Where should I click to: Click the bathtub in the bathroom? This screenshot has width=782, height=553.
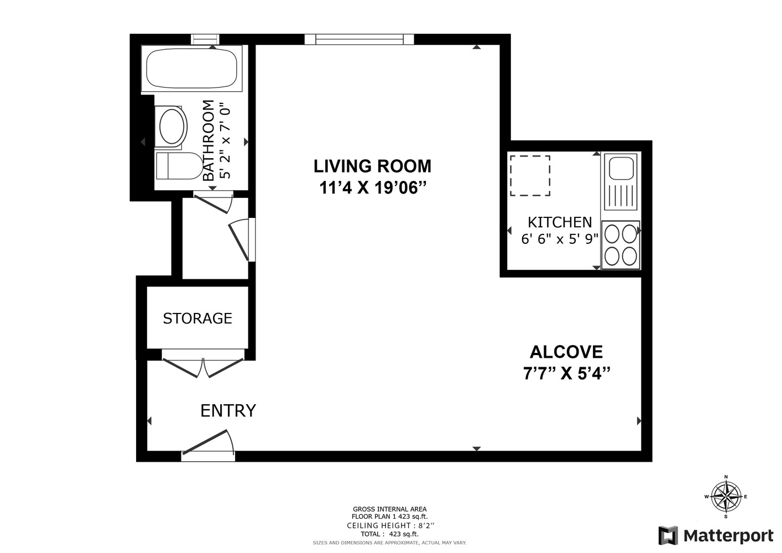(191, 69)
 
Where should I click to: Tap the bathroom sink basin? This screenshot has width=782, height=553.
(171, 127)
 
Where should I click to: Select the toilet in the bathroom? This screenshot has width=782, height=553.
(178, 166)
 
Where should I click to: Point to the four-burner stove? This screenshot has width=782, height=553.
(620, 245)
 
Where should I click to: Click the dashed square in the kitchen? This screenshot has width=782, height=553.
(530, 175)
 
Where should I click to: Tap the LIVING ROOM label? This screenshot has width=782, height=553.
(372, 166)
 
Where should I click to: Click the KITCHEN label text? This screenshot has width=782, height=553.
(560, 222)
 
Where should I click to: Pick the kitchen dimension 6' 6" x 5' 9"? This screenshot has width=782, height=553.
(560, 239)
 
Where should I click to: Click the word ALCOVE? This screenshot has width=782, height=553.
(566, 352)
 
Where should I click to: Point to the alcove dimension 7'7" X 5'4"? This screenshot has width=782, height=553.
(566, 374)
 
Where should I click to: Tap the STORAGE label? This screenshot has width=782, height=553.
(197, 319)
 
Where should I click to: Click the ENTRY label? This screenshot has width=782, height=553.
(228, 411)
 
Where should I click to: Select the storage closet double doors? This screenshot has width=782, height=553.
(203, 364)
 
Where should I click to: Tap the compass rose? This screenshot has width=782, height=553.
(726, 496)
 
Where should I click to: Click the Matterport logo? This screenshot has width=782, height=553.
(716, 535)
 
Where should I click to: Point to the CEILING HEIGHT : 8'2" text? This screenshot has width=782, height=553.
(390, 525)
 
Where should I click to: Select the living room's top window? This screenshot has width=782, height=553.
(359, 39)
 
